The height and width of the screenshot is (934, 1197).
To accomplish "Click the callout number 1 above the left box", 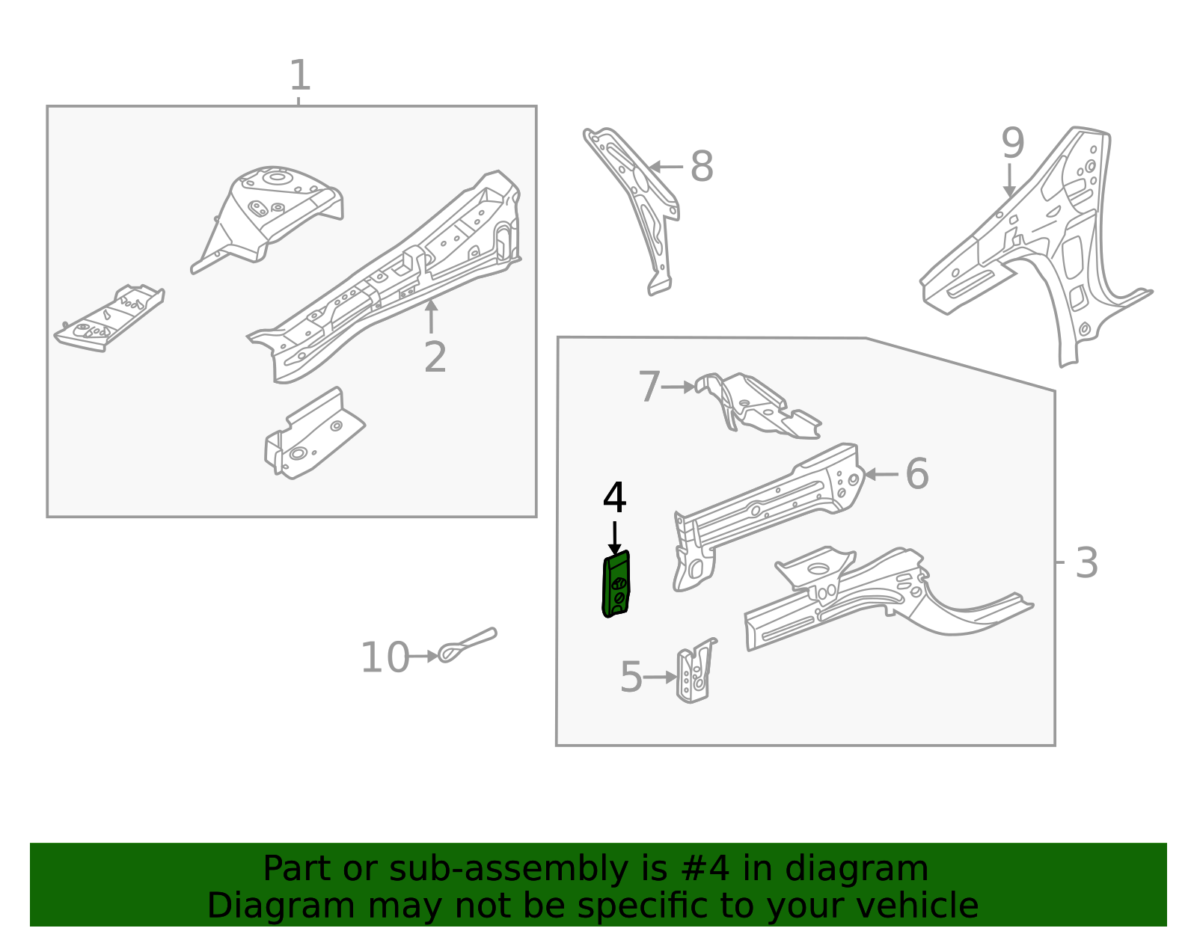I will tap(299, 76).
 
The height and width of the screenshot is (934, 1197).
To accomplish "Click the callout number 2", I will tap(435, 357).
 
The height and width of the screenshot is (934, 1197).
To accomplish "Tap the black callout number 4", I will tap(614, 498).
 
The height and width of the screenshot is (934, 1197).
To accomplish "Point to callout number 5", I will tap(631, 678).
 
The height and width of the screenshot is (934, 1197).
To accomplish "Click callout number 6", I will tap(916, 474).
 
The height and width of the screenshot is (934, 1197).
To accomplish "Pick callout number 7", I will tap(649, 387).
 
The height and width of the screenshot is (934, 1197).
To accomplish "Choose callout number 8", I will tap(701, 167).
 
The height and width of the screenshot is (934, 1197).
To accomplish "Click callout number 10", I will tap(385, 658).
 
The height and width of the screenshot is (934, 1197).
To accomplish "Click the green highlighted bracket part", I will tap(616, 585).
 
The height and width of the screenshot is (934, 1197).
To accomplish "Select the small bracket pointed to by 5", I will tap(696, 672).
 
